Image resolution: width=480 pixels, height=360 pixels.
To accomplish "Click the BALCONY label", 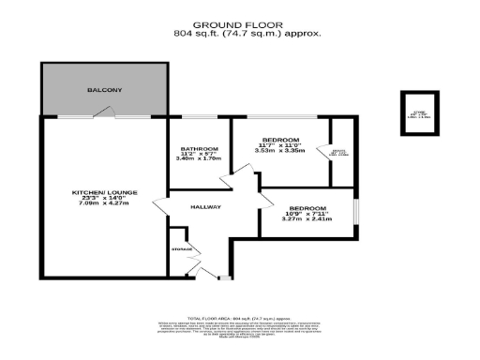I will (103, 90).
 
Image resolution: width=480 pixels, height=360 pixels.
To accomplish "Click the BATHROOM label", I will (200, 149).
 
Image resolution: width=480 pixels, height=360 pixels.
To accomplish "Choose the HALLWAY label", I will (205, 206).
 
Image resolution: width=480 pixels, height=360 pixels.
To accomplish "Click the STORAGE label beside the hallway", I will (182, 249).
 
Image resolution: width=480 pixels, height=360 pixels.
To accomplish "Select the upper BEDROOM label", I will (282, 141).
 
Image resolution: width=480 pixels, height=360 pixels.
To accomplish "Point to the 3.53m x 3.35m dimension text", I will (282, 150).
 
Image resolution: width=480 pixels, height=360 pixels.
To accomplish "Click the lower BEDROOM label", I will (307, 208).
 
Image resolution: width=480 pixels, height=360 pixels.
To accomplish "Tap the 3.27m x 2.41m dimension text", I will (307, 219).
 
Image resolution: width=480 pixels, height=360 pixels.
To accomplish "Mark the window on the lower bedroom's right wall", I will (355, 212).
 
